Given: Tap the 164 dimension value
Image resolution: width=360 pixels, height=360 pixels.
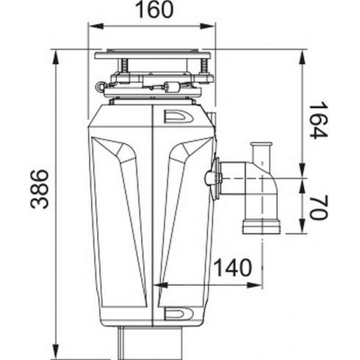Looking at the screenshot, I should [x=317, y=120].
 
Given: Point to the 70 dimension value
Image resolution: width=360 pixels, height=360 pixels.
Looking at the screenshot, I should [x=317, y=207].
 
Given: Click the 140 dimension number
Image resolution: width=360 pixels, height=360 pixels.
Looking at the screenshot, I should [x=233, y=267].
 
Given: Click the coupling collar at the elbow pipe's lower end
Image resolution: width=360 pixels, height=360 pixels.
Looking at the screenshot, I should [x=262, y=226].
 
